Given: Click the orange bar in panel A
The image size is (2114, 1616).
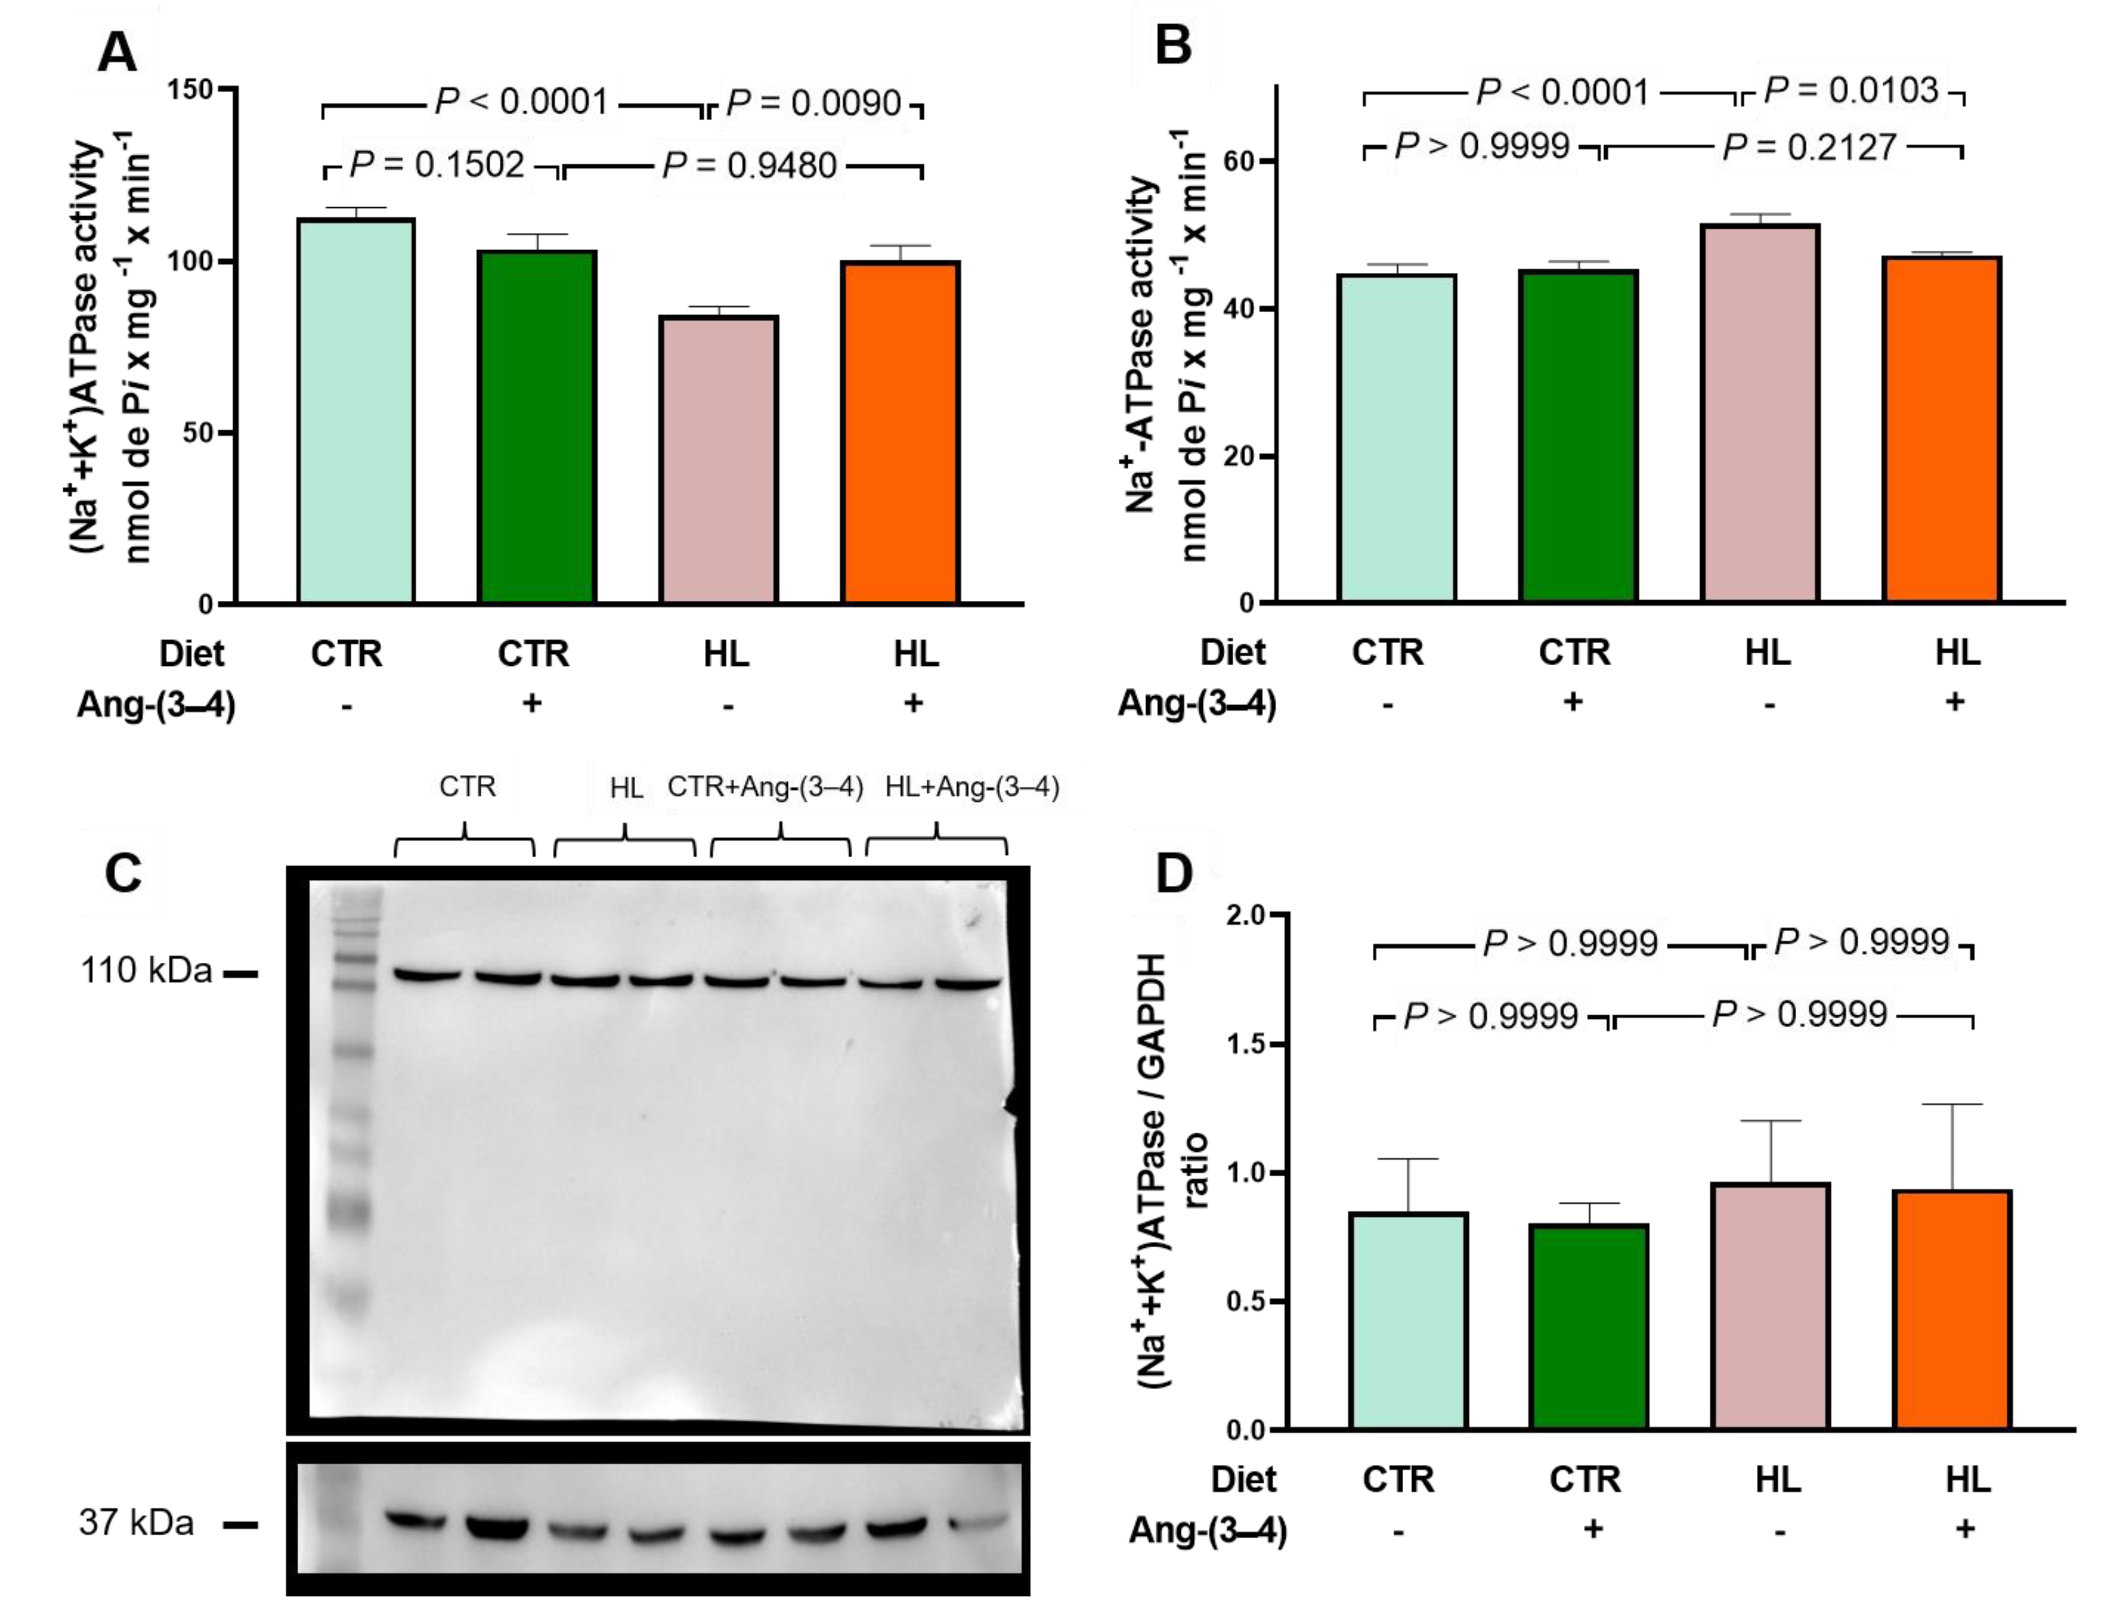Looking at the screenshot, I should pos(900,433).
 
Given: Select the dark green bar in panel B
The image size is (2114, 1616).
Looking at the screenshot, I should pos(1578,438).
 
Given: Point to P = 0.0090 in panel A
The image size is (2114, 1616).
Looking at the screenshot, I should pos(814,103).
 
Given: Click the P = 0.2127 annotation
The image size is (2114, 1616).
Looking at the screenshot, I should pos(1809,147).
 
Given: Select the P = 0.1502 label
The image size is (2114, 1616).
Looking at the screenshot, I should pos(436,166).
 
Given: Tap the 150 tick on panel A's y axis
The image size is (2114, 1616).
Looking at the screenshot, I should pos(190,90).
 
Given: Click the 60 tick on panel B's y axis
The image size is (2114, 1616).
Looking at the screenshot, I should pos(1241,160).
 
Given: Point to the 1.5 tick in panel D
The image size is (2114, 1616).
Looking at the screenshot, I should pos(1247,1045).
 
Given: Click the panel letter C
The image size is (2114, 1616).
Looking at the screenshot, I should pos(123,874).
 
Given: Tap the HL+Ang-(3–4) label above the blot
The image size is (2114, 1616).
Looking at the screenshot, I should pos(972,788).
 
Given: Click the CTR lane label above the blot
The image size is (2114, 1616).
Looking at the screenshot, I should pos(468,787).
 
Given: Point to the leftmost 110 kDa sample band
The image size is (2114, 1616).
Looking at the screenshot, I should pos(428,976).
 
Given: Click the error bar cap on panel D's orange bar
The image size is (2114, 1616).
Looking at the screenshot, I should pos(1952,1105).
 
